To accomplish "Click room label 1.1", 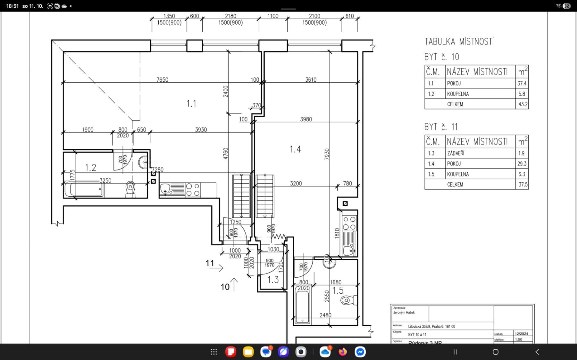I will [191, 103].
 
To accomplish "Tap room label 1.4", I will [295, 149].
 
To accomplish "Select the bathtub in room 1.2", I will [84, 189].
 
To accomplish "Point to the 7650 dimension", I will [162, 79].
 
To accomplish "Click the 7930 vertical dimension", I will [327, 154].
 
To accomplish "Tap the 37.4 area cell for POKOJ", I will [522, 83].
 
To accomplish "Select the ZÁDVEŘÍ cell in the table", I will [456, 153].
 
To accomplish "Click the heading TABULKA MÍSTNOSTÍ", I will [459, 42].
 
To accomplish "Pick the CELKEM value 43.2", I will [523, 104].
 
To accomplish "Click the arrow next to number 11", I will [217, 268].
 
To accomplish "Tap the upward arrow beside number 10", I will [234, 284].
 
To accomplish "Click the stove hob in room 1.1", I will [193, 189].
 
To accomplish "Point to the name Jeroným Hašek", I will [404, 313].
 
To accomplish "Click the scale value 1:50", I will [518, 340].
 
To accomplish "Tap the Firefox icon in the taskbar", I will [343, 352].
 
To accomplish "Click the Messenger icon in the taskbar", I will [360, 352].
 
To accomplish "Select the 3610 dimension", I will [311, 79].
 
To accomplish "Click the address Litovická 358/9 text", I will [431, 326].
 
